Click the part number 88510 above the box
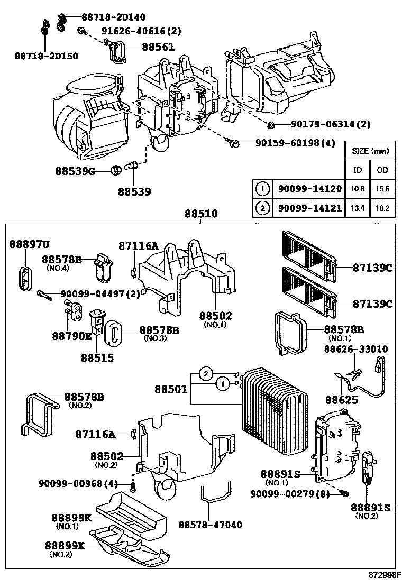pos(201,214)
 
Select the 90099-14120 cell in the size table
pos(307,189)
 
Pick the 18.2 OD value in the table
pos(382,208)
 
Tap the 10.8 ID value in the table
pos(358,189)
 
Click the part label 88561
pos(158,47)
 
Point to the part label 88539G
pos(75,171)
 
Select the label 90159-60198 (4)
pos(295,143)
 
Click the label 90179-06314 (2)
pos(331,124)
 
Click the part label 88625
pos(341,400)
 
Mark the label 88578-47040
pos(211,525)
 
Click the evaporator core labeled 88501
pos(272,405)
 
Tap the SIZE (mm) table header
pos(370,151)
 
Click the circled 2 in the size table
pos(262,208)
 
